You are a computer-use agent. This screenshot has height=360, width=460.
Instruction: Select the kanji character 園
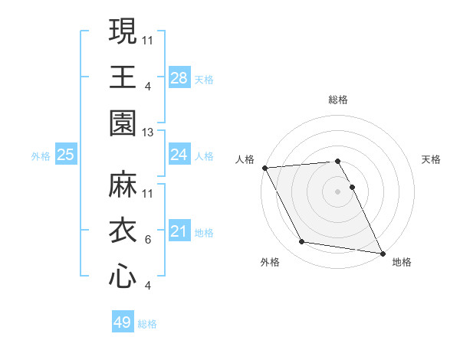click(123, 123)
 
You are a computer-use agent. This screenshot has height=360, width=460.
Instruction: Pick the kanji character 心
click(123, 277)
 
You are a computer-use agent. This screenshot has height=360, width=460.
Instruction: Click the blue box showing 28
click(179, 78)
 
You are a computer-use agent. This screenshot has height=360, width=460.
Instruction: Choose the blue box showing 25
click(66, 155)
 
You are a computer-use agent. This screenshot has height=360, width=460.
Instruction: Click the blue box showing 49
click(123, 322)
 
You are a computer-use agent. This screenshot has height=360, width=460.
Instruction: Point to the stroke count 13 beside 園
click(149, 133)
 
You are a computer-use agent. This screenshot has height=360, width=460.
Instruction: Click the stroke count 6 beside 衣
click(148, 240)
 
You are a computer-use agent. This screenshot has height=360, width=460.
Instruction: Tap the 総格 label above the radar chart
click(338, 100)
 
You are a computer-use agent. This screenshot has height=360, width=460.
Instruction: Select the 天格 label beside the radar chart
click(431, 159)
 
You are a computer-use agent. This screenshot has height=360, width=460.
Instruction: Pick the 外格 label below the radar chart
click(270, 262)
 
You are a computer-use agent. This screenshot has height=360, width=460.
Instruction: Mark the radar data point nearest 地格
click(382, 252)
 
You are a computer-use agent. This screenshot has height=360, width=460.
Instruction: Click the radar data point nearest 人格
click(264, 168)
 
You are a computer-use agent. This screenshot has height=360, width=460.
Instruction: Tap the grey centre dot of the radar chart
click(338, 191)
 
